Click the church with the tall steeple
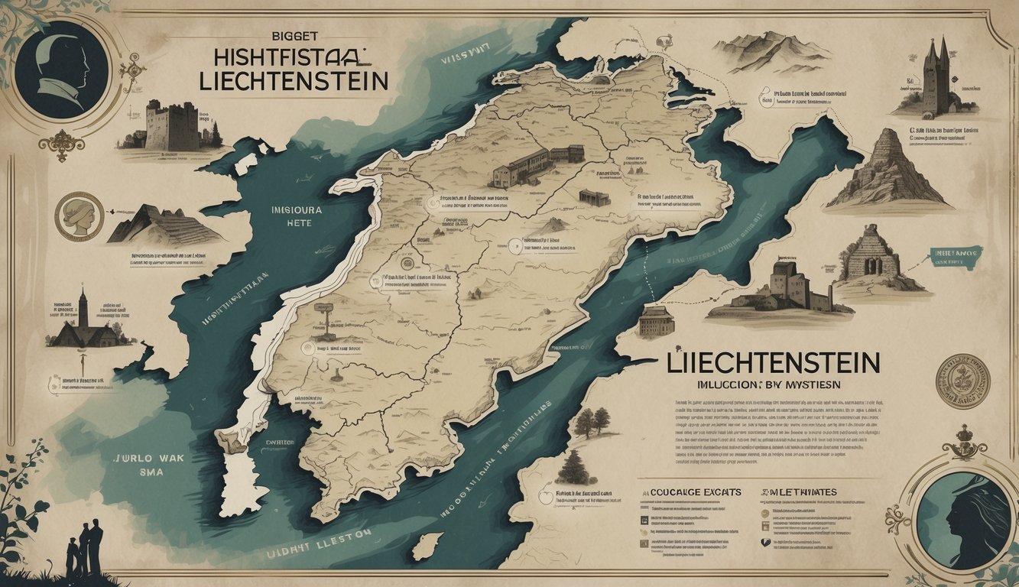click(83, 322)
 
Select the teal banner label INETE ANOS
click(956, 258)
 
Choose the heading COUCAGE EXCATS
click(697, 492)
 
